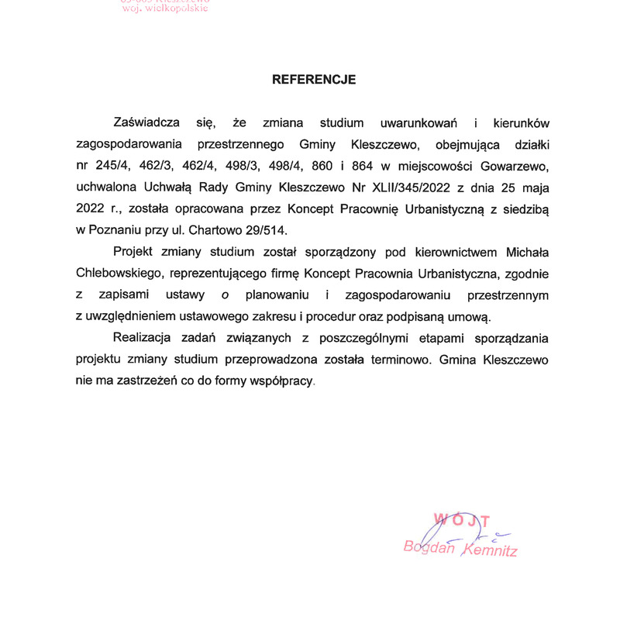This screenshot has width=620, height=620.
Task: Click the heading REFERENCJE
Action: [314, 79]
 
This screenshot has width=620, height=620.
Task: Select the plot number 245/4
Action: [112, 165]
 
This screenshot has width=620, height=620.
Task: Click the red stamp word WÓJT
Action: [461, 520]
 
